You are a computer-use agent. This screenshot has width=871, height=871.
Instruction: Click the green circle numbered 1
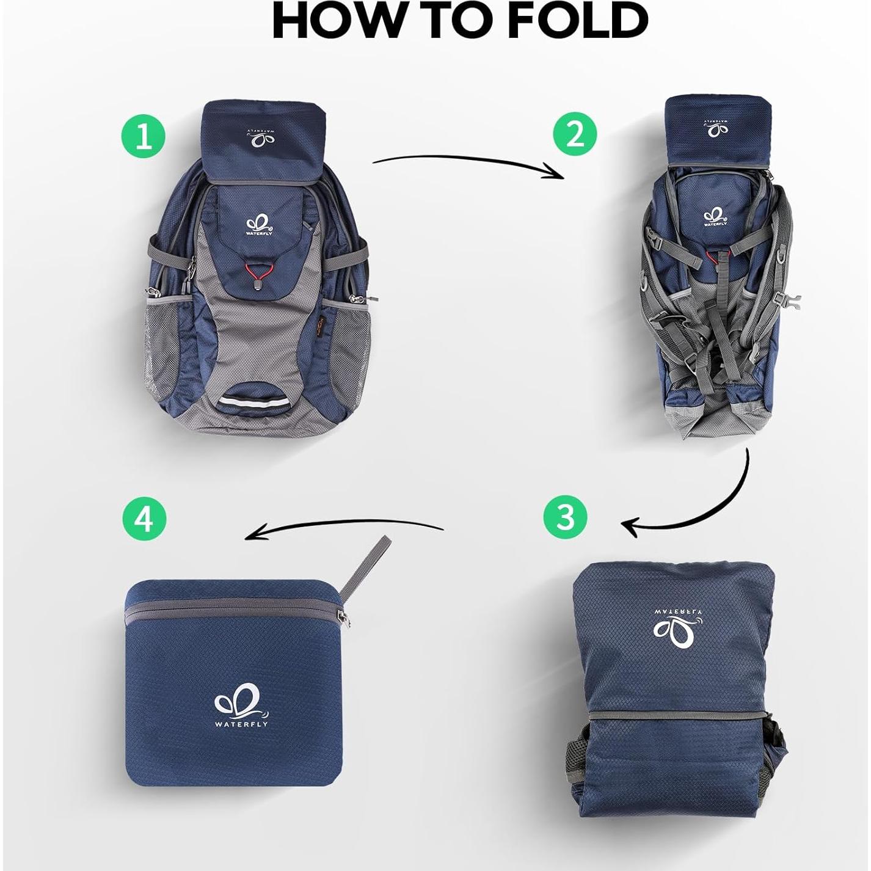click(143, 136)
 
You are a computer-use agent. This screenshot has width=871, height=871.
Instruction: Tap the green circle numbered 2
click(575, 134)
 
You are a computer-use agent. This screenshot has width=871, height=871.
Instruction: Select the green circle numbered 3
click(566, 516)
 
